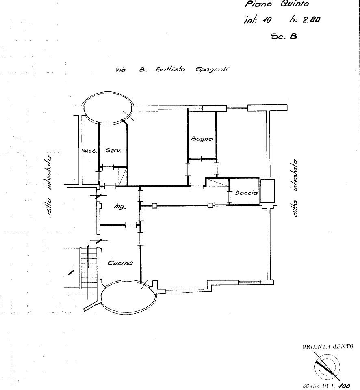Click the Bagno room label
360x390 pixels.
click(202, 139)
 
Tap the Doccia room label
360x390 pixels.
click(246, 193)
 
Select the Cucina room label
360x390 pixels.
click(120, 263)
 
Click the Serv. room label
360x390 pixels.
click(114, 151)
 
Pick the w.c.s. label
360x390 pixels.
click(89, 151)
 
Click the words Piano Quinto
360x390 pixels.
click(276, 4)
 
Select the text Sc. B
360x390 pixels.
click(284, 36)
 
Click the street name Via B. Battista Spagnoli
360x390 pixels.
click(172, 69)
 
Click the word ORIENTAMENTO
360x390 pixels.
click(327, 347)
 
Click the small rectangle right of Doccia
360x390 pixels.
click(268, 191)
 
